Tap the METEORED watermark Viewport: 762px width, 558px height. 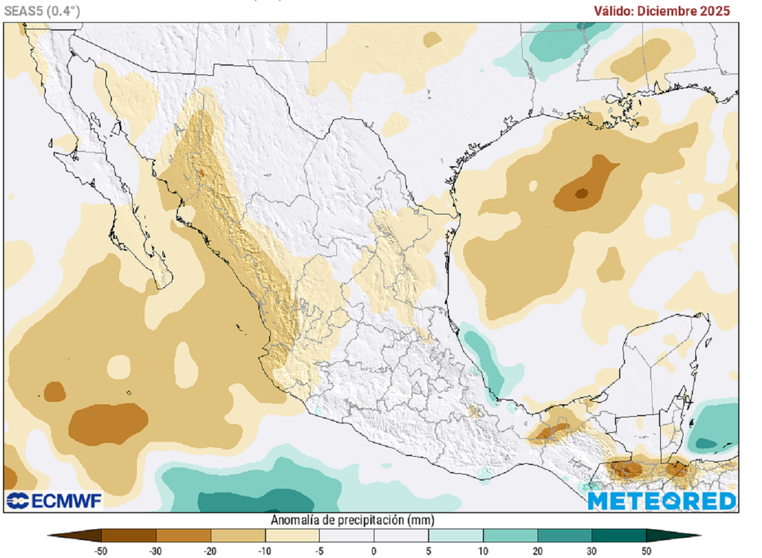pos(662,501)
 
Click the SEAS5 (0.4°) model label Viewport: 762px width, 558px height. pos(42,10)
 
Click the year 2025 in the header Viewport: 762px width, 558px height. pos(714,11)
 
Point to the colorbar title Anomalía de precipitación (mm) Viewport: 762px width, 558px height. pos(353,519)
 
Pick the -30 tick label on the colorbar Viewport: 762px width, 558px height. pos(156,551)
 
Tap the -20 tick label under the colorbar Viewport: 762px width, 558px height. pos(211,551)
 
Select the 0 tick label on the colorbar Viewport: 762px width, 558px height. pos(374,551)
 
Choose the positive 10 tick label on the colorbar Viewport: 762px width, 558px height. pos(484,551)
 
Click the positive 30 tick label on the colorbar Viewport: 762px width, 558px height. pos(592,551)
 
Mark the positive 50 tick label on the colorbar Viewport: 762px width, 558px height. pos(647,551)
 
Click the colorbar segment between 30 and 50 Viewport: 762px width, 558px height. pos(619,535)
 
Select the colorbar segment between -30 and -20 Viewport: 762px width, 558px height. pos(183,535)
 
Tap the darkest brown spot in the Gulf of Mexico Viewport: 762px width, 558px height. pos(581,193)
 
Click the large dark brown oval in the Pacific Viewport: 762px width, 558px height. pos(108,423)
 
